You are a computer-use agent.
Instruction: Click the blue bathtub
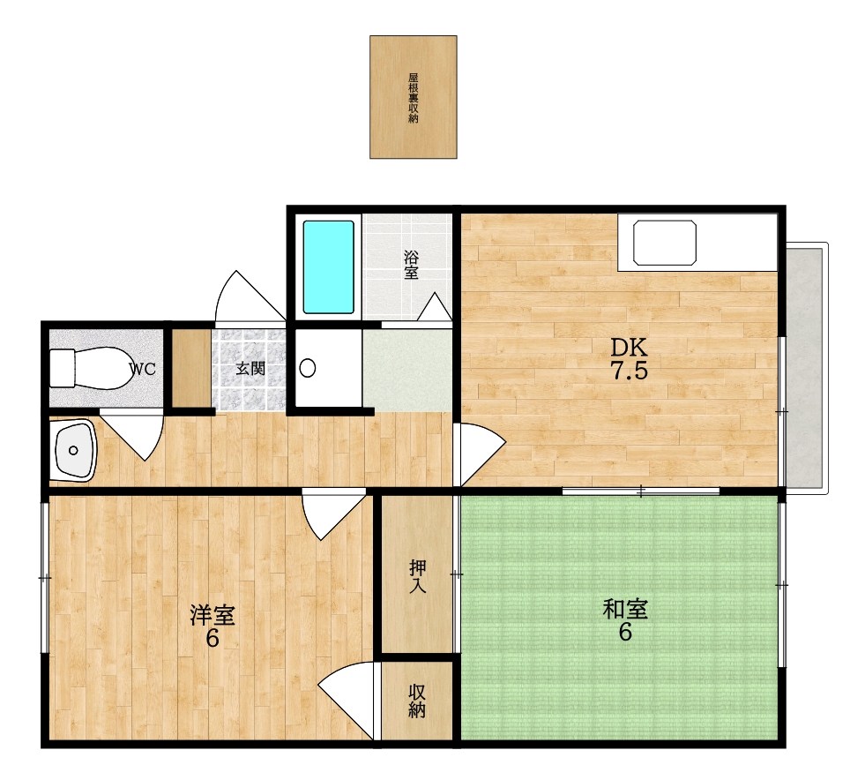pyautogui.click(x=329, y=267)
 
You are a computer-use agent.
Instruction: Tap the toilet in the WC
pyautogui.click(x=90, y=368)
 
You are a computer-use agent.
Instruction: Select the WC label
pyautogui.click(x=143, y=370)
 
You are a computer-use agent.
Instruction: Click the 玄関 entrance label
pyautogui.click(x=250, y=368)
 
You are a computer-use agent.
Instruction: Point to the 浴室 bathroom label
pyautogui.click(x=411, y=265)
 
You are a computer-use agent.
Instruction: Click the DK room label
pyautogui.click(x=629, y=348)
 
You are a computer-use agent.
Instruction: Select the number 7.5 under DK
pyautogui.click(x=629, y=371)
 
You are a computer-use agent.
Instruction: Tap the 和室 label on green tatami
pyautogui.click(x=625, y=610)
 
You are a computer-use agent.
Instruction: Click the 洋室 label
pyautogui.click(x=213, y=616)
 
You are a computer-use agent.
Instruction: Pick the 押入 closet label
pyautogui.click(x=417, y=576)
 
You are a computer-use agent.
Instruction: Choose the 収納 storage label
pyautogui.click(x=417, y=701)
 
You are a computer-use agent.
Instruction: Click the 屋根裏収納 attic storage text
pyautogui.click(x=414, y=98)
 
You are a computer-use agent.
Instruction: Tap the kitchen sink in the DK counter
pyautogui.click(x=665, y=243)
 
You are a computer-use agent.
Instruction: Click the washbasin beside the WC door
pyautogui.click(x=73, y=450)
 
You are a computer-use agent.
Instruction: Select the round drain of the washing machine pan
pyautogui.click(x=307, y=368)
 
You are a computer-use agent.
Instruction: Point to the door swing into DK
pyautogui.click(x=479, y=454)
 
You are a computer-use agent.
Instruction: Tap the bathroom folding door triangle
pyautogui.click(x=435, y=306)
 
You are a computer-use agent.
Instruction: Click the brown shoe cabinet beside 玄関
pyautogui.click(x=191, y=368)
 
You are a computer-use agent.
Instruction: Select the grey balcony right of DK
pyautogui.click(x=805, y=368)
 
